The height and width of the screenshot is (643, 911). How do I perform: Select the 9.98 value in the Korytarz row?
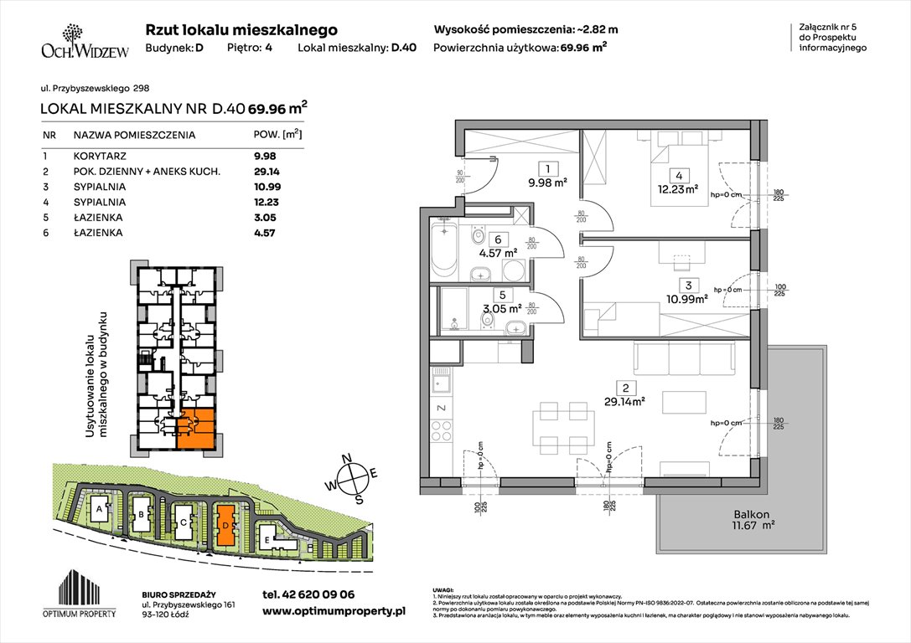click(x=265, y=156)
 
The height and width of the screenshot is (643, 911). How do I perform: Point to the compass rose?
click(x=356, y=479)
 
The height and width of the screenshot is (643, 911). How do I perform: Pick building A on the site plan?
click(x=100, y=508)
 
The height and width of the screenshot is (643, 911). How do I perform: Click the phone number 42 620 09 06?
click(x=308, y=594)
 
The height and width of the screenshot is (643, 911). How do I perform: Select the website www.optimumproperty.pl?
click(x=334, y=612)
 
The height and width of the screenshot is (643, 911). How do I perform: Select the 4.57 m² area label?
click(x=498, y=251)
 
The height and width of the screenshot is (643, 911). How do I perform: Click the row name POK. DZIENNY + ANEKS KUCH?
click(x=147, y=171)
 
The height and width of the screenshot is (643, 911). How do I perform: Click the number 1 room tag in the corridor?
click(x=546, y=166)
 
